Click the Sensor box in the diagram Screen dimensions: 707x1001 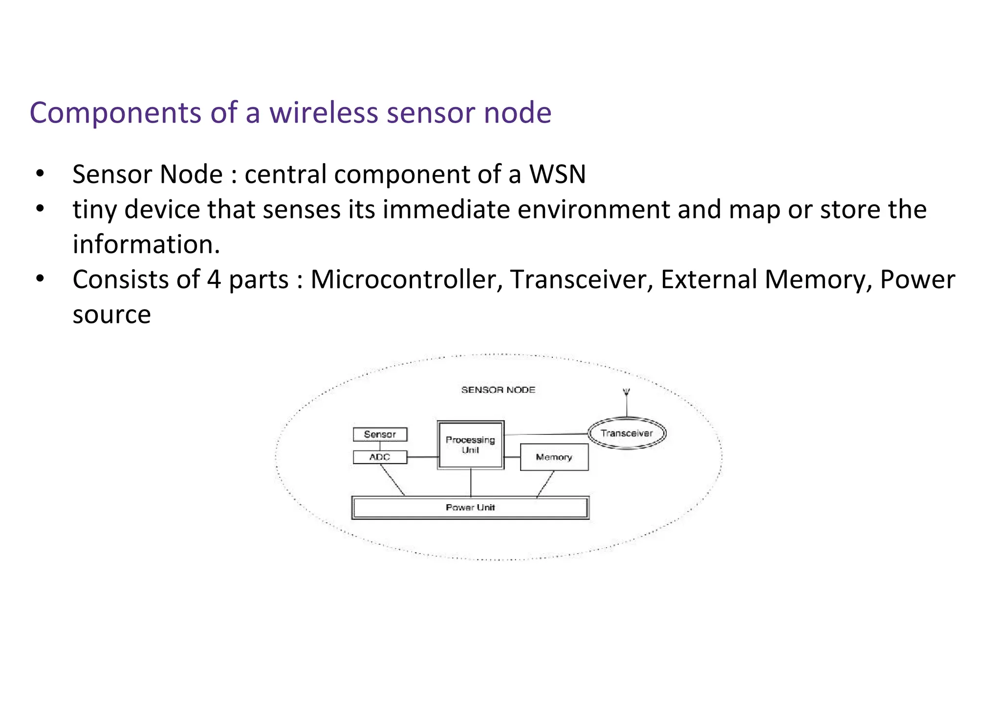tap(380, 434)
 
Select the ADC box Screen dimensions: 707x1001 tap(380, 457)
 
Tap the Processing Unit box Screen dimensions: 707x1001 tap(470, 445)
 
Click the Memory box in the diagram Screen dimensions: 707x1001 tap(554, 457)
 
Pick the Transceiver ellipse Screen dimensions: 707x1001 tap(627, 433)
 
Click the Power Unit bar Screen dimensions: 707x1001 tap(470, 508)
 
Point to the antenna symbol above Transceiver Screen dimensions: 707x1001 tap(627, 392)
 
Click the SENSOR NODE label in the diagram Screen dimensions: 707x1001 tap(498, 390)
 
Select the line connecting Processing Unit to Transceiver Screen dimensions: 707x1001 tap(545, 434)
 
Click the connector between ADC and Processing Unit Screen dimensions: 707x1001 tap(422, 457)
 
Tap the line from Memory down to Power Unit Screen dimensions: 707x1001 tap(545, 484)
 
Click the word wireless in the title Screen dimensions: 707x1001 tap(324, 113)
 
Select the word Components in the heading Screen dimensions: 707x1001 tap(115, 113)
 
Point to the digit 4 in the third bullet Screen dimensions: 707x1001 tap(214, 279)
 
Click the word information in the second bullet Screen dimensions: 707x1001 tap(146, 244)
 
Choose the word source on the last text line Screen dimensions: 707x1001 tap(111, 314)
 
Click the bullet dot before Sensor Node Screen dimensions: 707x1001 tap(40, 173)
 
